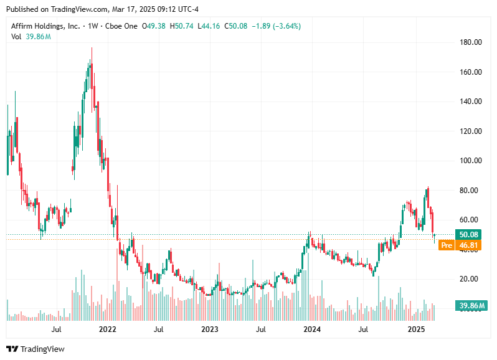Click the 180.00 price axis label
[x=470, y=42]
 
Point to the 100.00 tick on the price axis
[x=470, y=161]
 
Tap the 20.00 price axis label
[x=470, y=279]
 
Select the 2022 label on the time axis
[x=108, y=329]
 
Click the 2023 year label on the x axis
[x=210, y=329]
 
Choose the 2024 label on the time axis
[x=312, y=329]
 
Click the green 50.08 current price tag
[x=468, y=234]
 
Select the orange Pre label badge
[x=445, y=245]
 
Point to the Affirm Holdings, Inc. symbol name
[x=45, y=26]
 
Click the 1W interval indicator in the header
[x=93, y=26]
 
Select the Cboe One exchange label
[x=121, y=26]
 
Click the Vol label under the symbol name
[x=17, y=37]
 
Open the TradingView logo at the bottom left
[x=35, y=349]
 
